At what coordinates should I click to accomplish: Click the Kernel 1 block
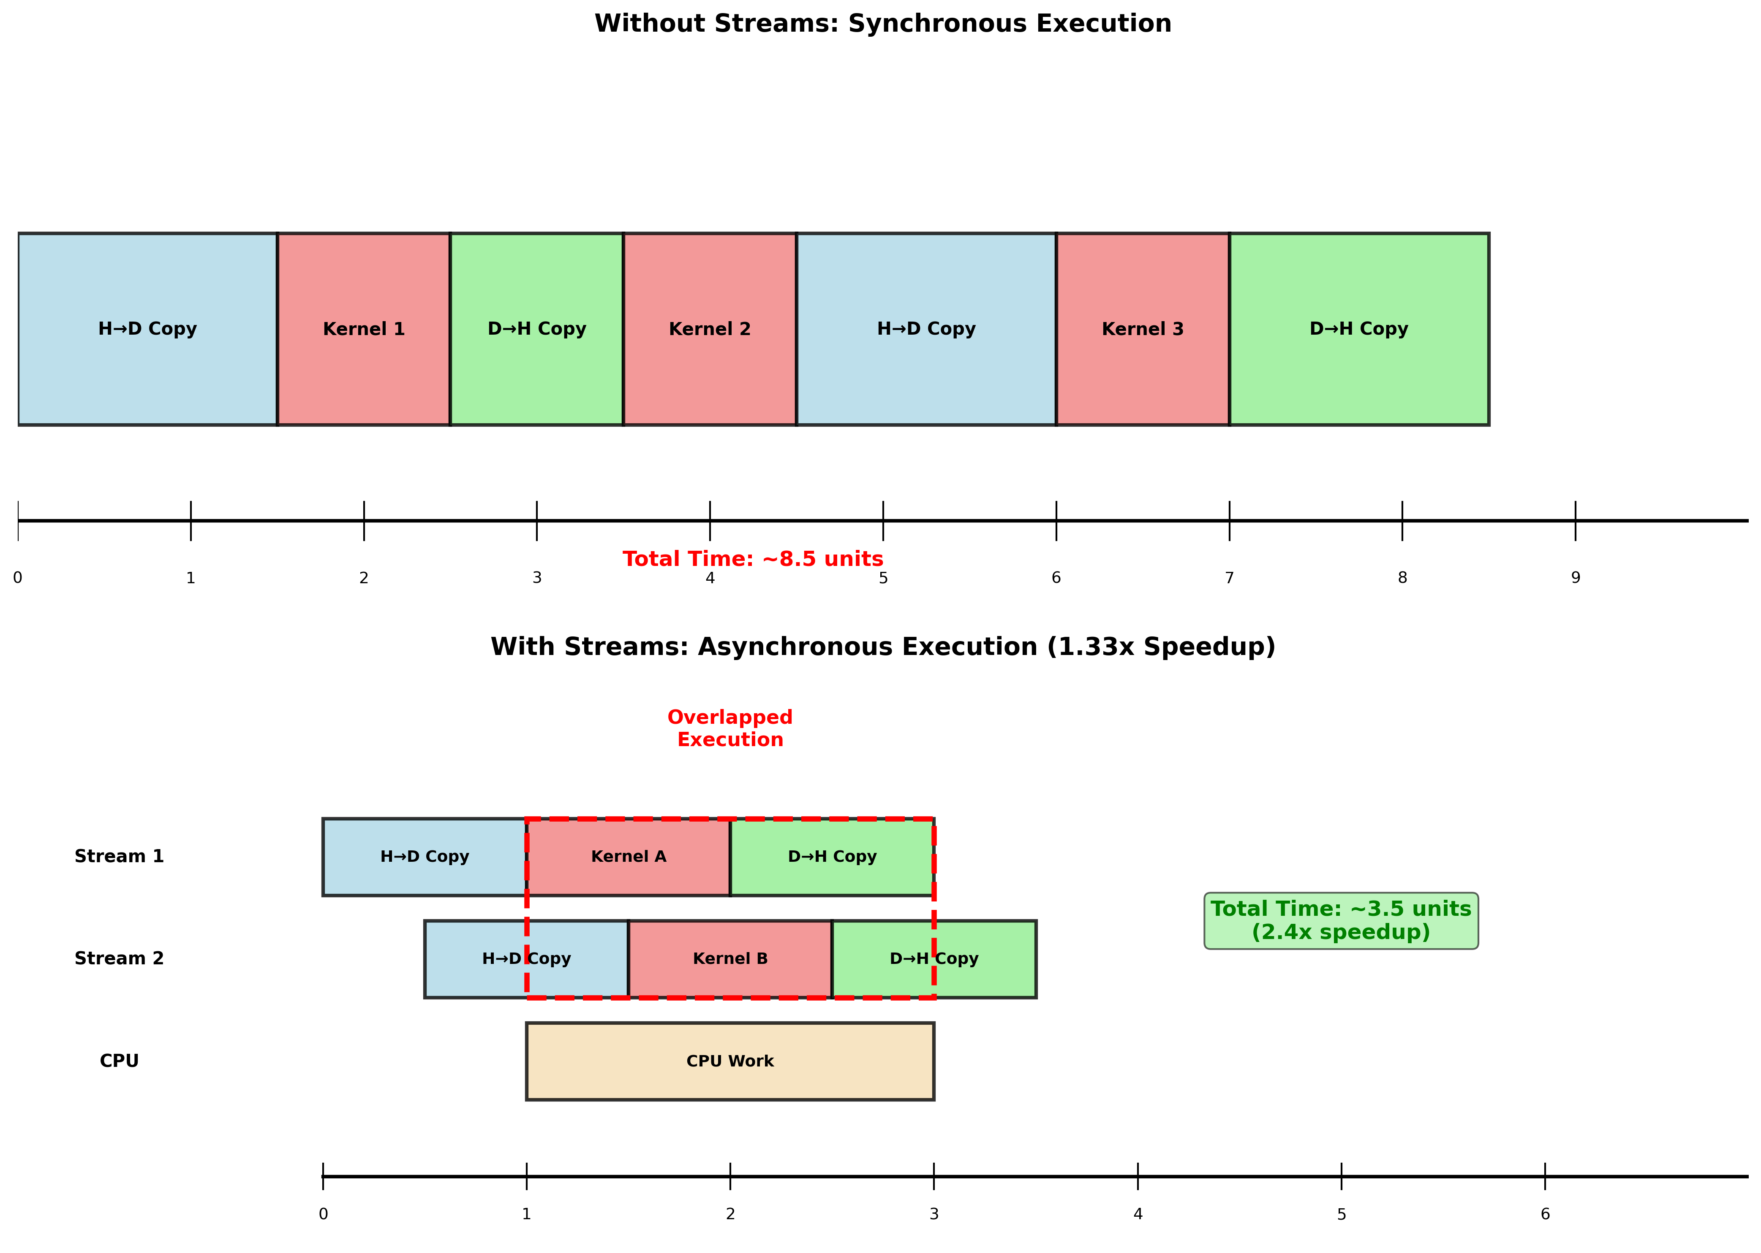point(364,329)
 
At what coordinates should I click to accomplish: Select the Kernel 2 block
point(710,329)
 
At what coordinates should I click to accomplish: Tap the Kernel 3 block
point(1143,329)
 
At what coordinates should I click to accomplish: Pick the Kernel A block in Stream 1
point(629,856)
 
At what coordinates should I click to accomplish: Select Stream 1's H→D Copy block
point(425,856)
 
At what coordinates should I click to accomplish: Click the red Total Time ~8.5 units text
point(753,559)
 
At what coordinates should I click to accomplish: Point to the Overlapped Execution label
point(729,728)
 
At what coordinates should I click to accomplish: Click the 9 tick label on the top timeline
point(1576,578)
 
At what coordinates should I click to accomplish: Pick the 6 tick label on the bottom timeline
point(1545,1215)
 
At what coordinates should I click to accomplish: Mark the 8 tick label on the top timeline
point(1402,578)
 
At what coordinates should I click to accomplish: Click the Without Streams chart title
point(882,23)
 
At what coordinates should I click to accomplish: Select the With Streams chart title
point(882,647)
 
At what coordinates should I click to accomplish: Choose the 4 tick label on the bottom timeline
point(1137,1215)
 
